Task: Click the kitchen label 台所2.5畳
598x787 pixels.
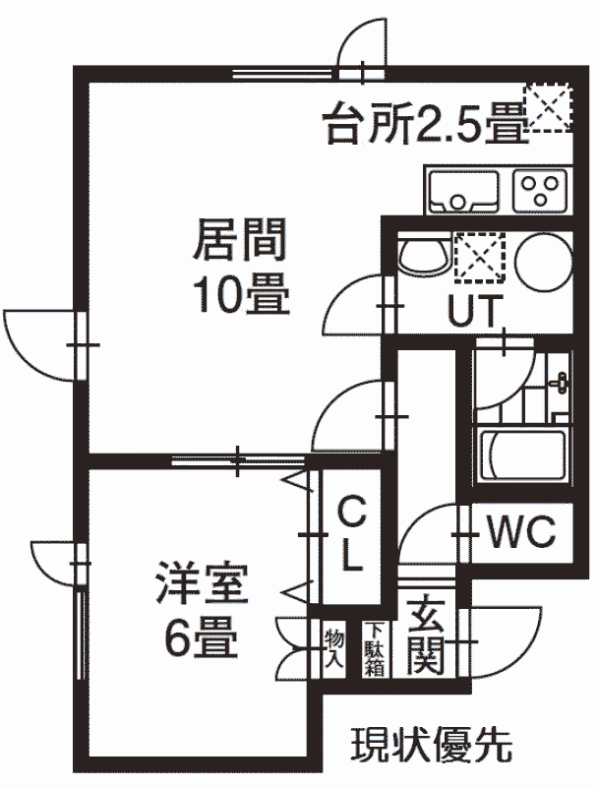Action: [426, 122]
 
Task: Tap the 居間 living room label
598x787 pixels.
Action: [240, 240]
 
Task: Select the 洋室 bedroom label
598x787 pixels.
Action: [202, 583]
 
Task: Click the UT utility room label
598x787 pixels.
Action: [475, 311]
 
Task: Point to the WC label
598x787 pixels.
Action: [521, 531]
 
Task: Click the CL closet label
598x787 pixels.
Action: [351, 534]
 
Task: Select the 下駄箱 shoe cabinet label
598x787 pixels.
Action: [374, 649]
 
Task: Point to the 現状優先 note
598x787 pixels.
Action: [431, 745]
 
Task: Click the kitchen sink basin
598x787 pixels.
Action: [463, 191]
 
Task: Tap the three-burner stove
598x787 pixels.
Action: [540, 191]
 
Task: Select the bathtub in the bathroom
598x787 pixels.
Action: [523, 455]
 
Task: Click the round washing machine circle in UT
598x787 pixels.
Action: [543, 263]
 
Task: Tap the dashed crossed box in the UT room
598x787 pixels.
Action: [479, 257]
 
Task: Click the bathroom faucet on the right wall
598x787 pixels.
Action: [561, 384]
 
